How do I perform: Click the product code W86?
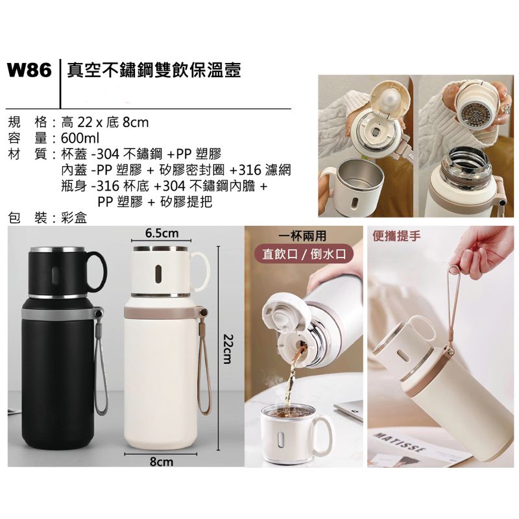click(29, 71)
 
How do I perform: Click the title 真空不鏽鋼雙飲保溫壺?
click(154, 71)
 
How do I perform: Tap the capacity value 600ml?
click(80, 138)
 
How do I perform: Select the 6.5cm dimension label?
click(162, 233)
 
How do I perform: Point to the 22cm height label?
click(228, 348)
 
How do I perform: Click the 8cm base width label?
click(161, 461)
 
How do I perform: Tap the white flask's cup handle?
click(201, 271)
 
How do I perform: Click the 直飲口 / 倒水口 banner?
click(304, 254)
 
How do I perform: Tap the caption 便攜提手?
click(396, 236)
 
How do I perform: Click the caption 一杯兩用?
click(302, 236)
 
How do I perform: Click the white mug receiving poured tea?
click(295, 432)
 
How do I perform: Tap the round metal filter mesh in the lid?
click(473, 113)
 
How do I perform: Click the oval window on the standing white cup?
click(159, 274)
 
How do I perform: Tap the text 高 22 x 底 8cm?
click(105, 123)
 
